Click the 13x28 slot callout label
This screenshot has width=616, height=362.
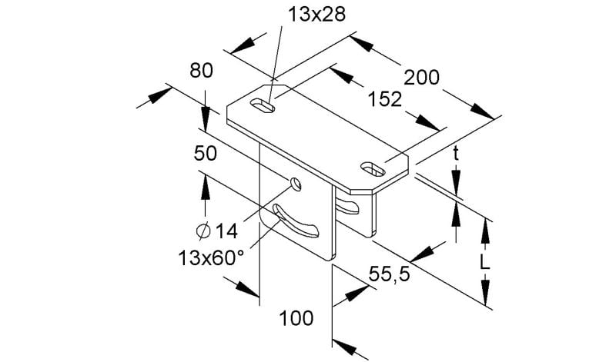click(x=316, y=15)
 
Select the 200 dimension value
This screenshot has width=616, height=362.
click(x=421, y=78)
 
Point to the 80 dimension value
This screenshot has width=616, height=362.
click(x=201, y=71)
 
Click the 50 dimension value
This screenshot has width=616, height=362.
click(x=205, y=153)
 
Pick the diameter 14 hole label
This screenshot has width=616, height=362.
click(x=217, y=231)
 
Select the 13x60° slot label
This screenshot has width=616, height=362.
click(x=211, y=257)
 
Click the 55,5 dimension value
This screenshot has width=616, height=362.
click(x=389, y=274)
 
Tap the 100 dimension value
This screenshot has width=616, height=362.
click(x=296, y=317)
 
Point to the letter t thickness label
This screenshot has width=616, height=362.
click(x=456, y=154)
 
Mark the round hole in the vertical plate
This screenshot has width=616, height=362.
click(x=296, y=184)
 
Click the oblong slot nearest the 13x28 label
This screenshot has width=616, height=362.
click(x=262, y=106)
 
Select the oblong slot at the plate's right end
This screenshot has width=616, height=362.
click(x=373, y=169)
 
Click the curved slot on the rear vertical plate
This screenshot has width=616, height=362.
click(x=347, y=207)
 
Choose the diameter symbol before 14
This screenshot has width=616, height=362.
click(x=203, y=231)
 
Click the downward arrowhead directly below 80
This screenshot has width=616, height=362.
click(x=205, y=116)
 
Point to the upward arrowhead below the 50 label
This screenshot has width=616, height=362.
click(x=205, y=186)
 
